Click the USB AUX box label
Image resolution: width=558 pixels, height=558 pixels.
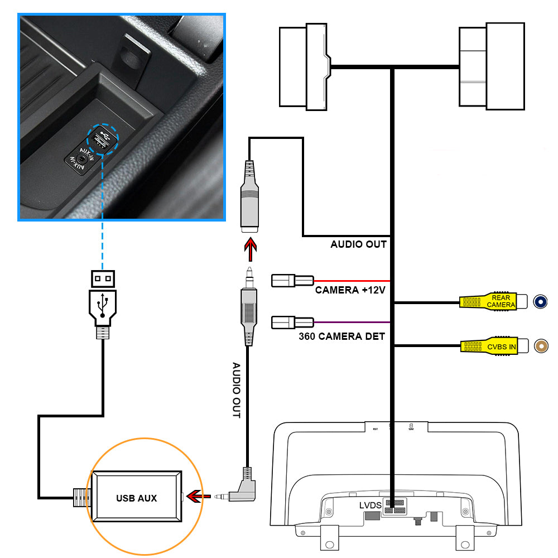point(136,498)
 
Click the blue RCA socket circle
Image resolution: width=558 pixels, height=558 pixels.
point(540,302)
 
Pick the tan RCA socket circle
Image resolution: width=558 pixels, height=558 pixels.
point(541,347)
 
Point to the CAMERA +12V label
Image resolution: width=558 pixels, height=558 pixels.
point(350,290)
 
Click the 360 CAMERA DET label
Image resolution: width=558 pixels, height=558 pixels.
point(341,336)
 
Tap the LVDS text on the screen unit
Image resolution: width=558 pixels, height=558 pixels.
point(369,506)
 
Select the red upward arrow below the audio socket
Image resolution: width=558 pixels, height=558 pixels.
point(251,249)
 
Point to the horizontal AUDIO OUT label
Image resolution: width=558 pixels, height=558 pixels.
point(358,244)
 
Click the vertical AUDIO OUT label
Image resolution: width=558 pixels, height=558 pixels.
point(236,391)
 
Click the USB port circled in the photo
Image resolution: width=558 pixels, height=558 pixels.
point(100,138)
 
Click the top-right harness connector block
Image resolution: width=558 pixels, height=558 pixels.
point(492,65)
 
